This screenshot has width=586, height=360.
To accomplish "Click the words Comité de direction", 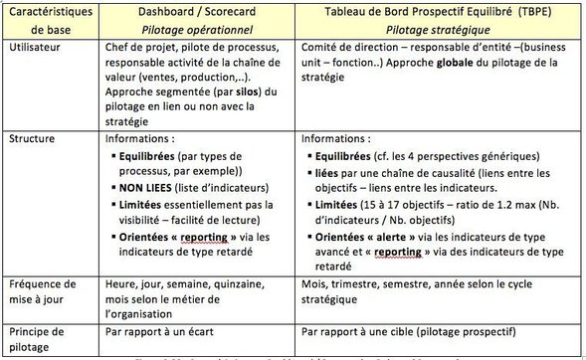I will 345,48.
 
